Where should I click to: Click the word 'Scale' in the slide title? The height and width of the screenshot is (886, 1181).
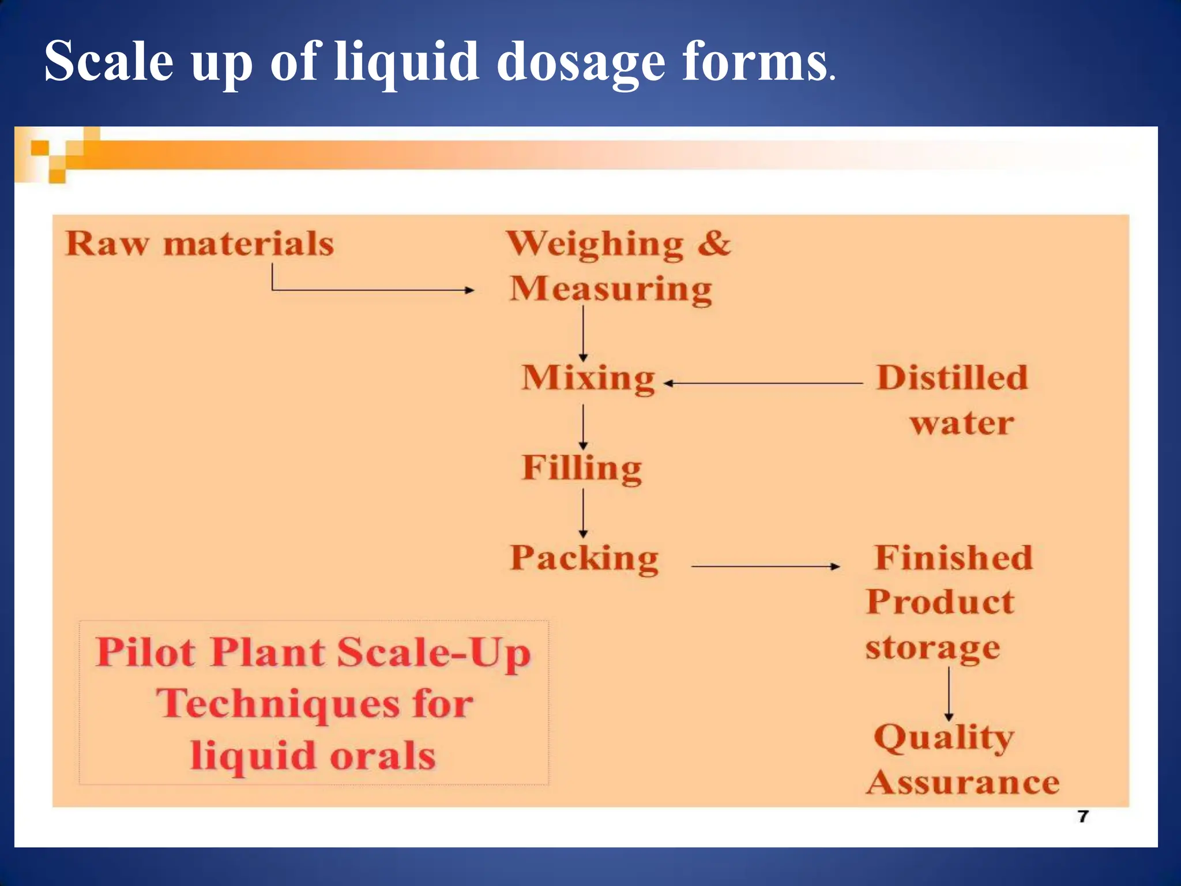(x=108, y=61)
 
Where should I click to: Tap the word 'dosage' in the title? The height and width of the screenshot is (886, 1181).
(x=581, y=62)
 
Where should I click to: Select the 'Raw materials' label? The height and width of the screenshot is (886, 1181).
(x=200, y=243)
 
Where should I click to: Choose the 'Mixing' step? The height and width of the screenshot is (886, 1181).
(x=588, y=378)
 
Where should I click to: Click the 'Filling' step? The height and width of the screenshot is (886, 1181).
(x=582, y=468)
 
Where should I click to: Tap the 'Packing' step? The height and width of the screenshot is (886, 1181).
(x=584, y=558)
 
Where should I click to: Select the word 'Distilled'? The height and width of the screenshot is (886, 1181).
(x=952, y=378)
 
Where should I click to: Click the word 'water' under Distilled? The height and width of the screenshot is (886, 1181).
(x=962, y=423)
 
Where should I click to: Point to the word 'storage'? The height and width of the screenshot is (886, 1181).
(x=932, y=648)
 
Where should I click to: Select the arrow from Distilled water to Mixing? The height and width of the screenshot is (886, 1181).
(x=763, y=383)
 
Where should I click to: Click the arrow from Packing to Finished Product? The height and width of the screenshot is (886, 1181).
(x=765, y=566)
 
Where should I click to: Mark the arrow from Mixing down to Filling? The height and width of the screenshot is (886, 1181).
(x=583, y=427)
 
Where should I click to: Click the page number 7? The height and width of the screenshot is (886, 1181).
(x=1083, y=816)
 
